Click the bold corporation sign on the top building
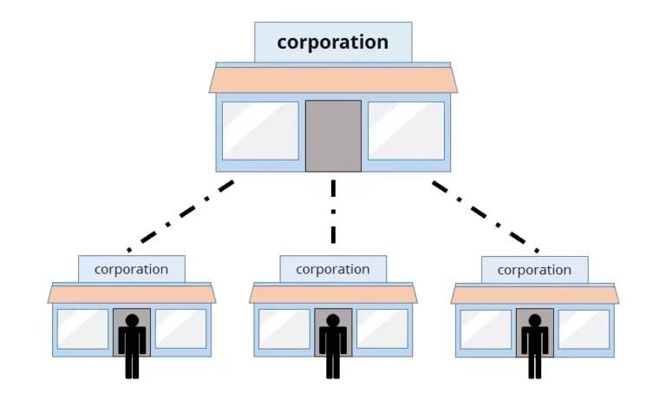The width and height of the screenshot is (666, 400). click(333, 43)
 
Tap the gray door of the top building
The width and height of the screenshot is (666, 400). click(333, 135)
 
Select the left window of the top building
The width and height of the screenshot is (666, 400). click(260, 131)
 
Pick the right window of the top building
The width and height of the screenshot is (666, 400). click(406, 131)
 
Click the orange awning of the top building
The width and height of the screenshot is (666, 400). click(333, 80)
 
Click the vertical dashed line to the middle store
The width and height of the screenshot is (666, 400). click(333, 213)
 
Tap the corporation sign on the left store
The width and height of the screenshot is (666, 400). click(132, 269)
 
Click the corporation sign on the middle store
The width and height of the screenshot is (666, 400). click(333, 269)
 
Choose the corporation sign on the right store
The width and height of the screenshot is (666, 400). click(534, 270)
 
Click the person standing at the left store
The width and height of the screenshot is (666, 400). click(132, 345)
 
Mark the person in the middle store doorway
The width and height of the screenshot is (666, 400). click(333, 345)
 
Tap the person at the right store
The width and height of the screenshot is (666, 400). click(534, 345)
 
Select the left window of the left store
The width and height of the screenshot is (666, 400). click(83, 329)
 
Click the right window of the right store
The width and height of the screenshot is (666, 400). click(584, 329)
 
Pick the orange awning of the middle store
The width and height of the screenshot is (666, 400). click(333, 295)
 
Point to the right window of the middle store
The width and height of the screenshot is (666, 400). click(382, 329)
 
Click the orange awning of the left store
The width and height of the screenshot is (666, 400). click(132, 295)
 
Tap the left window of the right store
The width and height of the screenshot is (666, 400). click(486, 329)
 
